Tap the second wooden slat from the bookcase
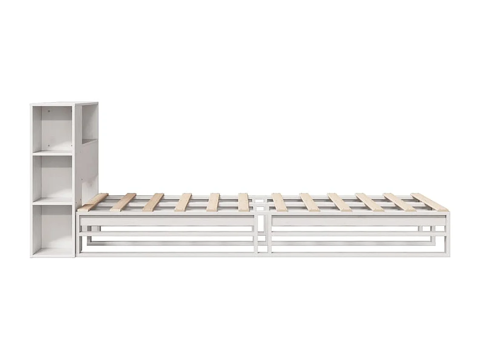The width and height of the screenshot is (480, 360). coord(123,202)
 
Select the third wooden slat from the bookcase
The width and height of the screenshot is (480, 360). coord(153,202)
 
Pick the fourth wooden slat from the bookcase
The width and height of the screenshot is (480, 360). coord(183,202)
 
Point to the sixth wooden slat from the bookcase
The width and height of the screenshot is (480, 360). coord(243,202)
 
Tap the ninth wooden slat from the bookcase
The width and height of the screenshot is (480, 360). coord(340,202)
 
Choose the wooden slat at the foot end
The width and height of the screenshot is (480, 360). coord(430,202)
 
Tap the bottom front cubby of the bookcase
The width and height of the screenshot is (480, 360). coord(53,228)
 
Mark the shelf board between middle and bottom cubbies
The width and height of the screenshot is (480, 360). coord(53,202)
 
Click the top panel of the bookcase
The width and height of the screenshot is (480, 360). coord(64,103)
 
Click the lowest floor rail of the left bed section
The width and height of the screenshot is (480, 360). coord(166,254)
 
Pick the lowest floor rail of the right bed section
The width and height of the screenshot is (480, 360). coord(357,254)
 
